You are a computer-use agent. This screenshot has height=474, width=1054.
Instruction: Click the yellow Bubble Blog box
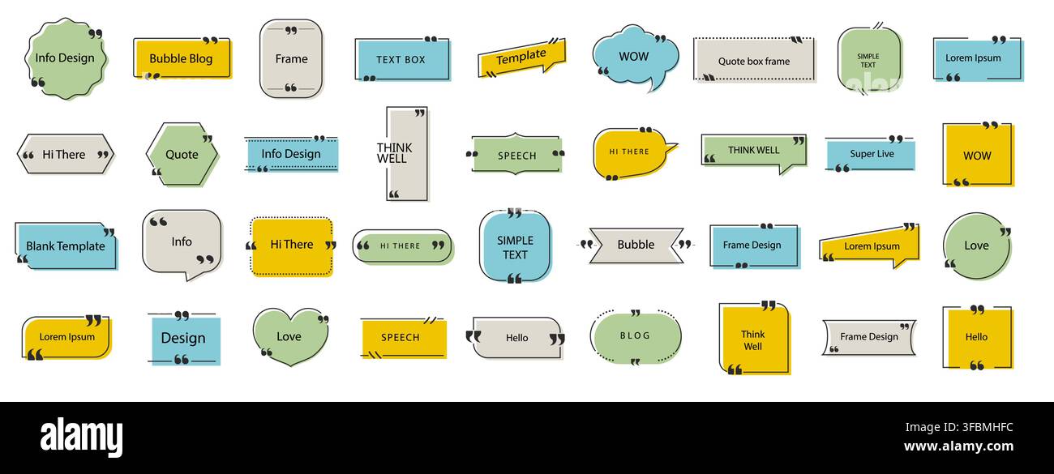tap(183, 59)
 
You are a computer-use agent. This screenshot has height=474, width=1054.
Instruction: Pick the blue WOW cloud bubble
tap(636, 58)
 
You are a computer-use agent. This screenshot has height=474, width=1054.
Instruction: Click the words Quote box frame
tap(754, 61)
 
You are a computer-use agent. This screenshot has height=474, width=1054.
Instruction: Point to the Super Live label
tap(872, 154)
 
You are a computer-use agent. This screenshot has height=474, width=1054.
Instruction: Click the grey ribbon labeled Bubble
tap(636, 246)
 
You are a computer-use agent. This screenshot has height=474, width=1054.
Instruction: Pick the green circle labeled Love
tap(977, 246)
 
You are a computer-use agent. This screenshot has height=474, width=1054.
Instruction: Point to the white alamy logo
tap(81, 437)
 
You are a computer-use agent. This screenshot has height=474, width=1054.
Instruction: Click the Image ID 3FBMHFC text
tap(959, 427)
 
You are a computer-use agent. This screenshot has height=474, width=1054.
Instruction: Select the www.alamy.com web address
tap(958, 446)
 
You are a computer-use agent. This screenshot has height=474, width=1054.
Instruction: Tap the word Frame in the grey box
tap(291, 59)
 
